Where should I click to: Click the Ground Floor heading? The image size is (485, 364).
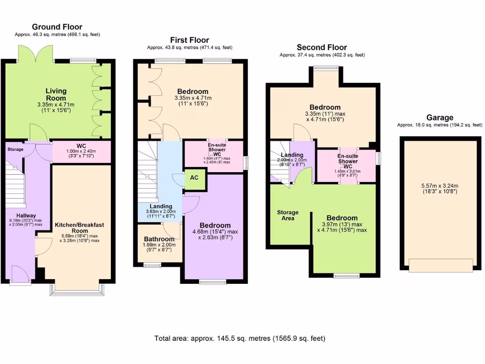57,27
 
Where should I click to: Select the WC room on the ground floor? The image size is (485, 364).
81,152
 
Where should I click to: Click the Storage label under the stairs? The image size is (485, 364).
15,149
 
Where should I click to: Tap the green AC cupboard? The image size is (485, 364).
194,178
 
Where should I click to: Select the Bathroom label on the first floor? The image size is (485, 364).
159,239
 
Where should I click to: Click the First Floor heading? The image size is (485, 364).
189,40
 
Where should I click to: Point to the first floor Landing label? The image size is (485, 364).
154,206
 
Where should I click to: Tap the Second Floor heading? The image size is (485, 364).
322,47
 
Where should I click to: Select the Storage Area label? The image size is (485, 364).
287,215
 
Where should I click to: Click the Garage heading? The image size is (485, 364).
440,118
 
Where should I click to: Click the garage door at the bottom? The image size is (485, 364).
441,265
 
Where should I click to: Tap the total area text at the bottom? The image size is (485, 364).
240,338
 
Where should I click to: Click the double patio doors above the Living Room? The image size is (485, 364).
36,53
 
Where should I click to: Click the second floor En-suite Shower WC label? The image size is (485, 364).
347,161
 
